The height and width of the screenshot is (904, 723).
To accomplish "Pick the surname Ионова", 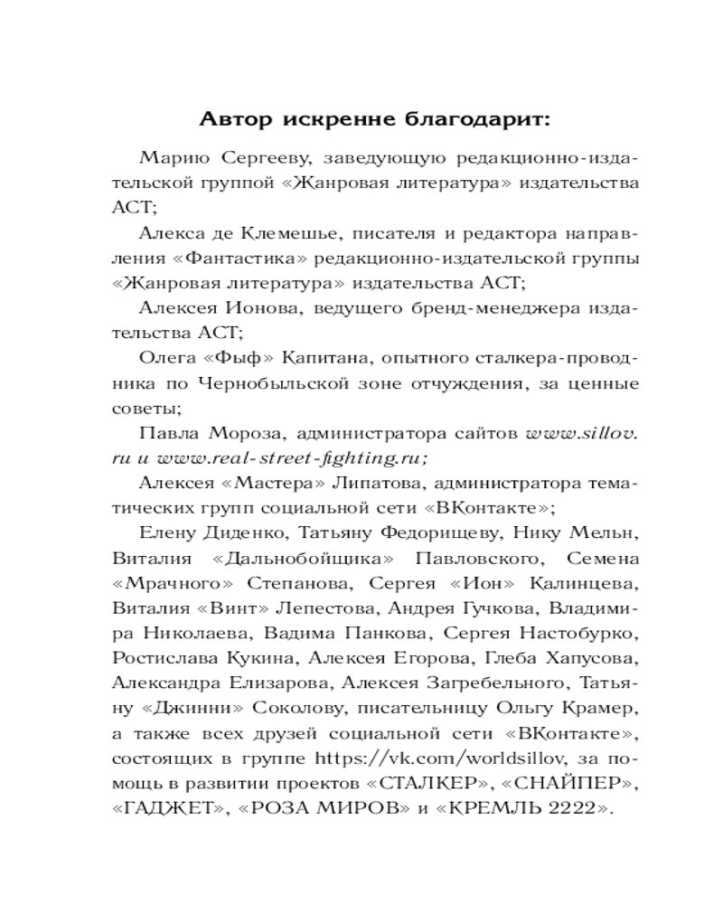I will tap(270, 309).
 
